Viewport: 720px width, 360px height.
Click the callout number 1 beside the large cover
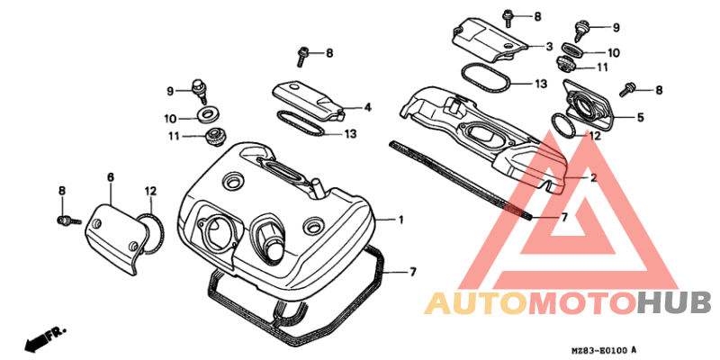click(400, 220)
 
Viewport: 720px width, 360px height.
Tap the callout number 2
click(593, 177)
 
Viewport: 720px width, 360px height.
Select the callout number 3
click(549, 47)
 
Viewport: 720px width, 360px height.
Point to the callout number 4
click(367, 107)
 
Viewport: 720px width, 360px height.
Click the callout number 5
click(640, 117)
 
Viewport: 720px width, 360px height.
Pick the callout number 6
click(110, 176)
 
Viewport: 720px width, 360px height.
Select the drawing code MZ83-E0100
click(600, 350)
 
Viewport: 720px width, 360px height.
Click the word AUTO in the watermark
click(476, 302)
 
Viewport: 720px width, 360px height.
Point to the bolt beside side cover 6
click(69, 221)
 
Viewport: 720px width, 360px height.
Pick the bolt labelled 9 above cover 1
click(198, 91)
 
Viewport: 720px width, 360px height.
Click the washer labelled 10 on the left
click(208, 115)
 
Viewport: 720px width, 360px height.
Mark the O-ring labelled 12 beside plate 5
click(563, 124)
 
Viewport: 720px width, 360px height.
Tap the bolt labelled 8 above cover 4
click(303, 56)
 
